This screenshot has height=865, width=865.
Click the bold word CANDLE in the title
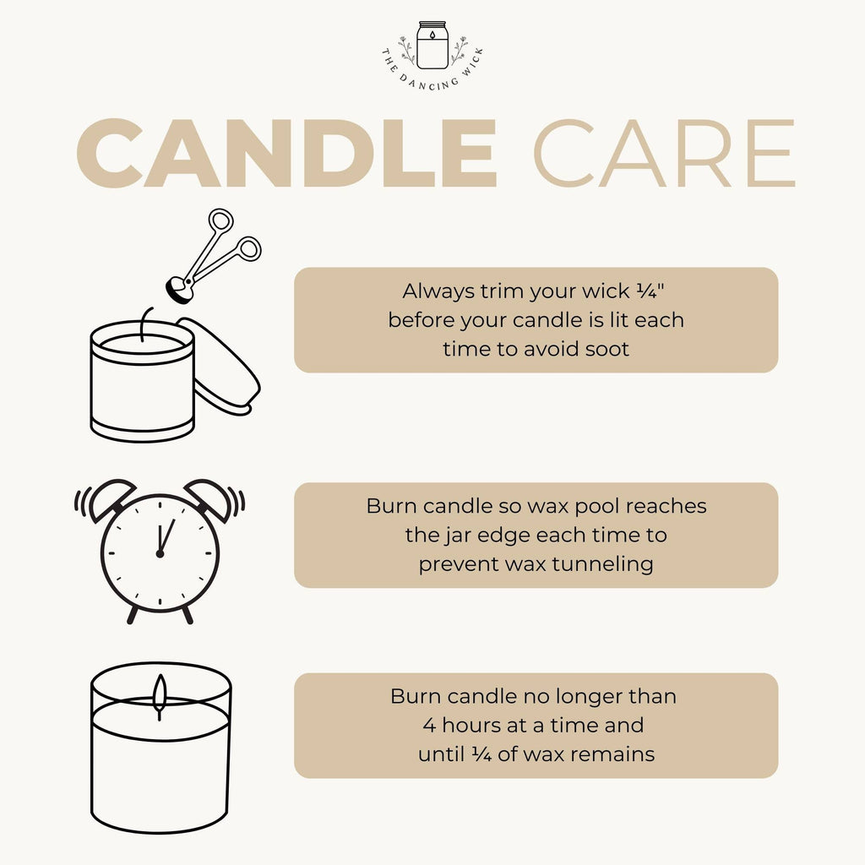click(292, 154)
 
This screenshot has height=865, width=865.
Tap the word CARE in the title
click(663, 154)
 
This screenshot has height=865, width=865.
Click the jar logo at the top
click(432, 46)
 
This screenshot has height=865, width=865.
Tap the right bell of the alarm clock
click(209, 498)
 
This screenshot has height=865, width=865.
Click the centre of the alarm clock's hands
click(159, 553)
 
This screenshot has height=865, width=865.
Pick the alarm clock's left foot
click(132, 615)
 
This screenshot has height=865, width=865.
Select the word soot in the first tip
click(607, 348)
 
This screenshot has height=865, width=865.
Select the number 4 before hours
click(428, 725)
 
